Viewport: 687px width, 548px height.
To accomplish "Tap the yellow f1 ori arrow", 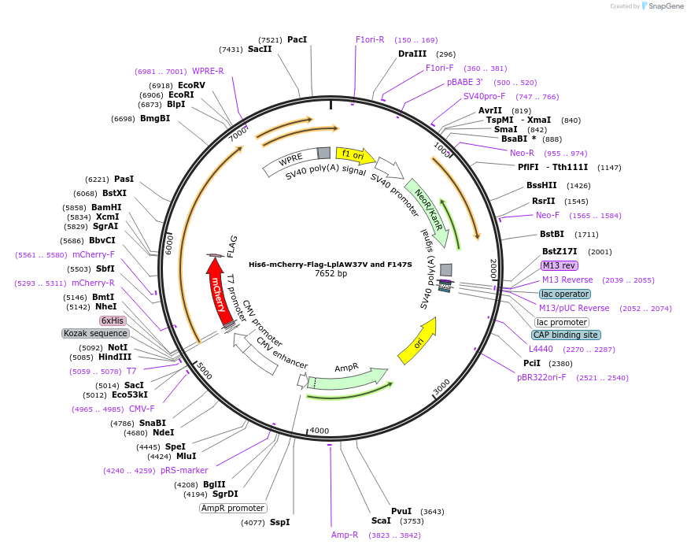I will pyautogui.click(x=354, y=154).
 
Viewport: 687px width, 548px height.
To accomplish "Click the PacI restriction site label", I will pyautogui.click(x=297, y=39).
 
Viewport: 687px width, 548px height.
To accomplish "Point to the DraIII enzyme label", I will pyautogui.click(x=412, y=54).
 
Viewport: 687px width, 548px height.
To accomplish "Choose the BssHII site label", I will pyautogui.click(x=541, y=186).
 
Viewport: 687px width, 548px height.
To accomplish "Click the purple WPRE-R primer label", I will pyautogui.click(x=208, y=71).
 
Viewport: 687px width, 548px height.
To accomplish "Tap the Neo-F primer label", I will pyautogui.click(x=548, y=215).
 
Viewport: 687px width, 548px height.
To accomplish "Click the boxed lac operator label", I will pyautogui.click(x=564, y=294).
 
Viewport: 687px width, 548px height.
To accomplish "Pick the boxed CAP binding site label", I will pyautogui.click(x=566, y=335).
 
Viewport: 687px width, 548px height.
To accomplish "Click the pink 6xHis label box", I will pyautogui.click(x=112, y=320).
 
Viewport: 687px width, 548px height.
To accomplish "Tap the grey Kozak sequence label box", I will pyautogui.click(x=95, y=333).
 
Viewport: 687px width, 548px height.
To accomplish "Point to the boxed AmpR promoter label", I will pyautogui.click(x=233, y=508).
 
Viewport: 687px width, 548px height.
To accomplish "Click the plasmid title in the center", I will pyautogui.click(x=331, y=265).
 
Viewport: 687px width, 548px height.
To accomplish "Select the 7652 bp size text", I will pyautogui.click(x=331, y=274).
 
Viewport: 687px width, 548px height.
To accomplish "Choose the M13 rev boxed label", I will pyautogui.click(x=560, y=265).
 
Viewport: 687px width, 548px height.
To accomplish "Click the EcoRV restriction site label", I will pyautogui.click(x=191, y=85).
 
